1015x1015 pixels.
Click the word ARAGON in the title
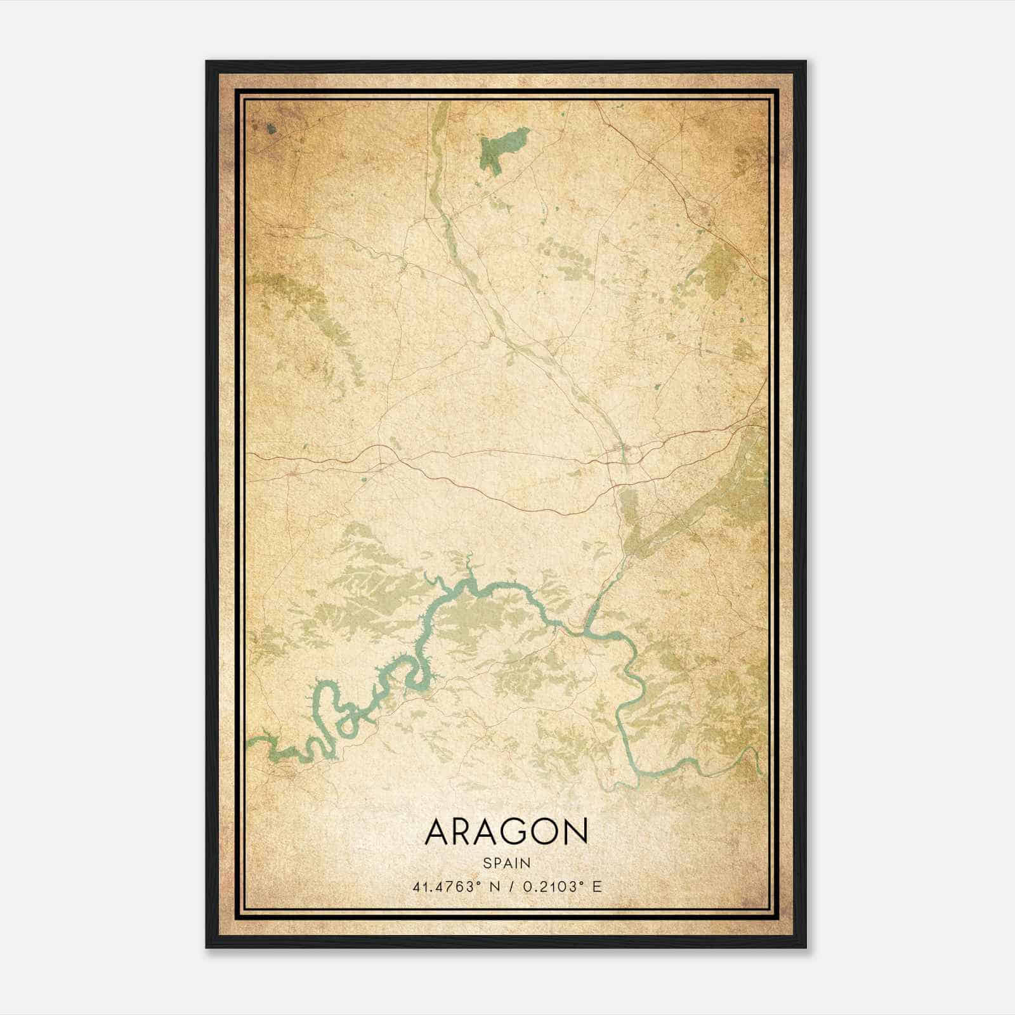tap(506, 832)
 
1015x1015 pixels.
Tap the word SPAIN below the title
tap(506, 863)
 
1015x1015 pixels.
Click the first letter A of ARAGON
tap(438, 832)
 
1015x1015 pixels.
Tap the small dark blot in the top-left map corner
tap(272, 129)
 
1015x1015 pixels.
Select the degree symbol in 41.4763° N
tap(472, 882)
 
